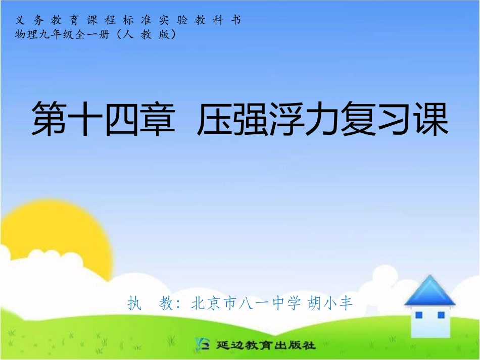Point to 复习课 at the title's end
395,120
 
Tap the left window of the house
418,315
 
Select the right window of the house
441,315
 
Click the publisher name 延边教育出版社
266,346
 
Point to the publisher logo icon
202,345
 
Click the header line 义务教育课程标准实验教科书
129,20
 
